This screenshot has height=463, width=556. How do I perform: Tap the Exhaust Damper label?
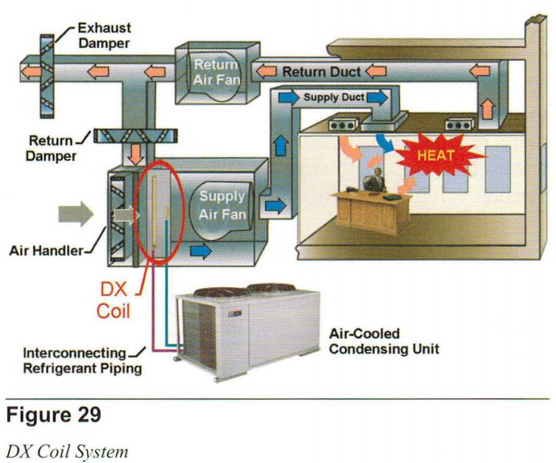coord(105,35)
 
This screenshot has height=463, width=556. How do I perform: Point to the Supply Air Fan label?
coord(222,205)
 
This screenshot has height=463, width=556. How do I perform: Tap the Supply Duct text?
coord(334,98)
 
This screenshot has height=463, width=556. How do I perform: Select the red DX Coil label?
coord(113,300)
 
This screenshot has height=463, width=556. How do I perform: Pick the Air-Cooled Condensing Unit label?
coord(384,341)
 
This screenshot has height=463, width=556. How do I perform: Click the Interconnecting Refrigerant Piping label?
coord(82,361)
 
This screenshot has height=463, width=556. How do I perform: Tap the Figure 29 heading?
coord(53,415)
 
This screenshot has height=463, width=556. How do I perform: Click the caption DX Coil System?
coord(67,450)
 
